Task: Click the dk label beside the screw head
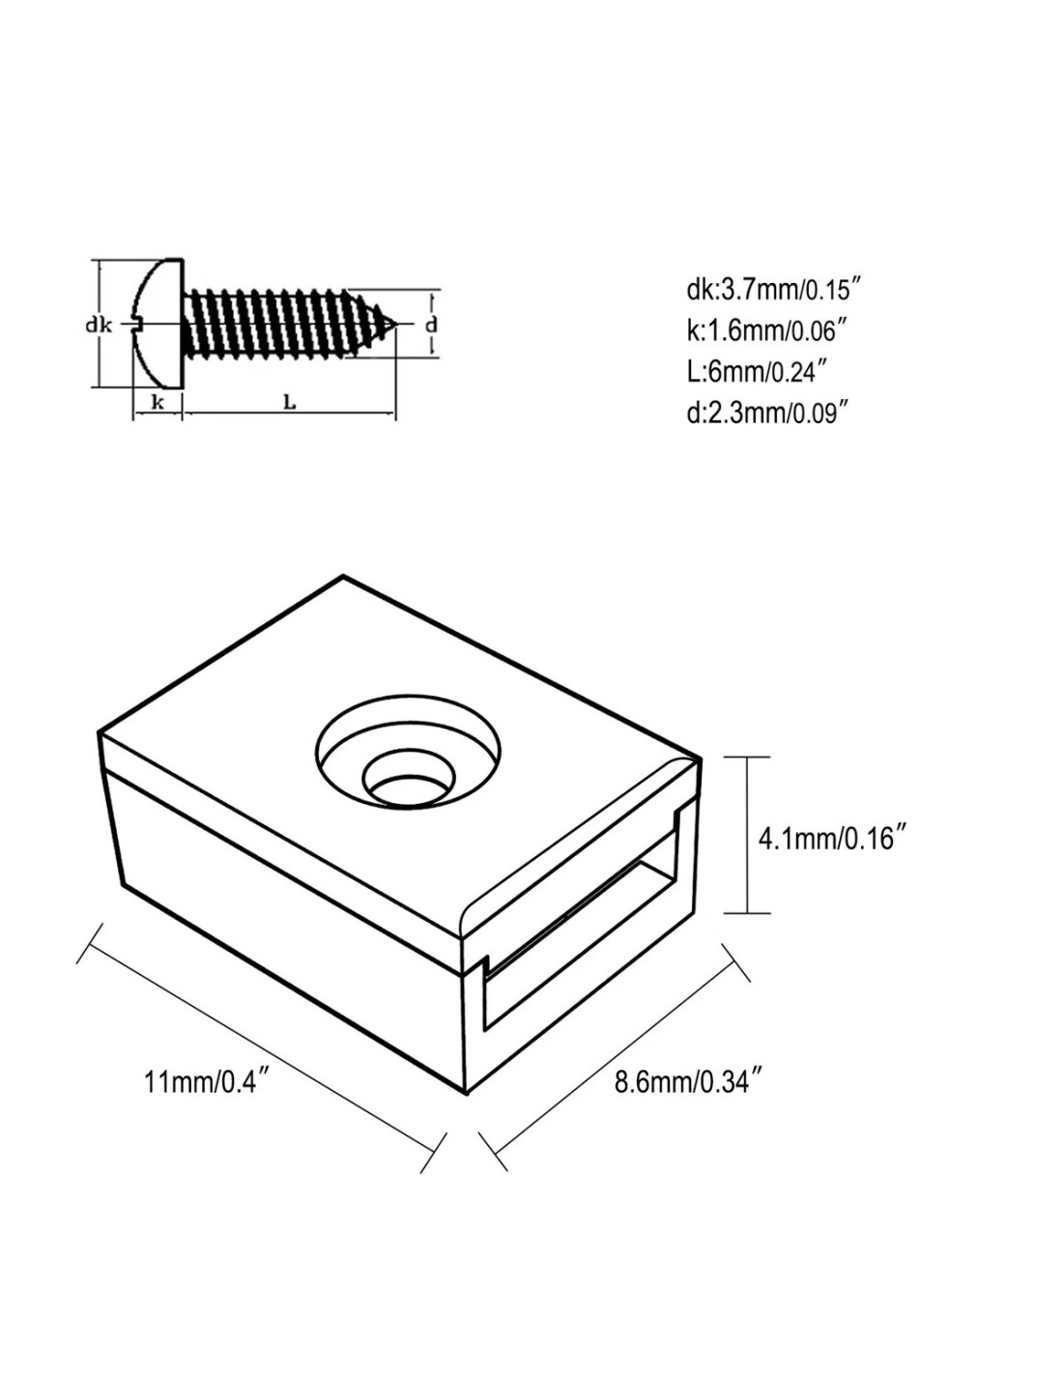[x=99, y=326]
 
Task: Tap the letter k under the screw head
[x=158, y=401]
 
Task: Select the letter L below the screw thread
[x=289, y=402]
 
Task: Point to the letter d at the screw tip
[x=431, y=325]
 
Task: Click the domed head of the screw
[x=158, y=323]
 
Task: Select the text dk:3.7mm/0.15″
[x=774, y=292]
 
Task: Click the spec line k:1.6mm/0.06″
[x=765, y=331]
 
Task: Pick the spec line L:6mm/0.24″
[x=758, y=372]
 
